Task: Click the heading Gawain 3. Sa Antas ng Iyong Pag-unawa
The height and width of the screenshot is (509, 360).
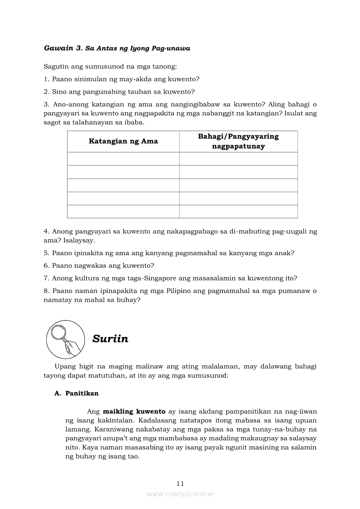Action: (117, 48)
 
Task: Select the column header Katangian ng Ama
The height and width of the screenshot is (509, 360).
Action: (123, 141)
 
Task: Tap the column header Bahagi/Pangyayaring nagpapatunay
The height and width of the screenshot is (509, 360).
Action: (238, 141)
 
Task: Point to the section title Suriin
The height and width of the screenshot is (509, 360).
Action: (110, 339)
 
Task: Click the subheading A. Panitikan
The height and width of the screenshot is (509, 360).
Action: (77, 393)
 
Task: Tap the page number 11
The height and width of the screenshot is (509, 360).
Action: (180, 483)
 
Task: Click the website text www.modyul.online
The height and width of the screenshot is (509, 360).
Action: (180, 494)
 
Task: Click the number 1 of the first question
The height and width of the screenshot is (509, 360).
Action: (46, 79)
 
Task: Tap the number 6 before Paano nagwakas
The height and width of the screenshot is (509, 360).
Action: (46, 265)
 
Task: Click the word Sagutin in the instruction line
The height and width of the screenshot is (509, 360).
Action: (55, 67)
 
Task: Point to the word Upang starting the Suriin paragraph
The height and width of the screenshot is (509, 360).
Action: (64, 366)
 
